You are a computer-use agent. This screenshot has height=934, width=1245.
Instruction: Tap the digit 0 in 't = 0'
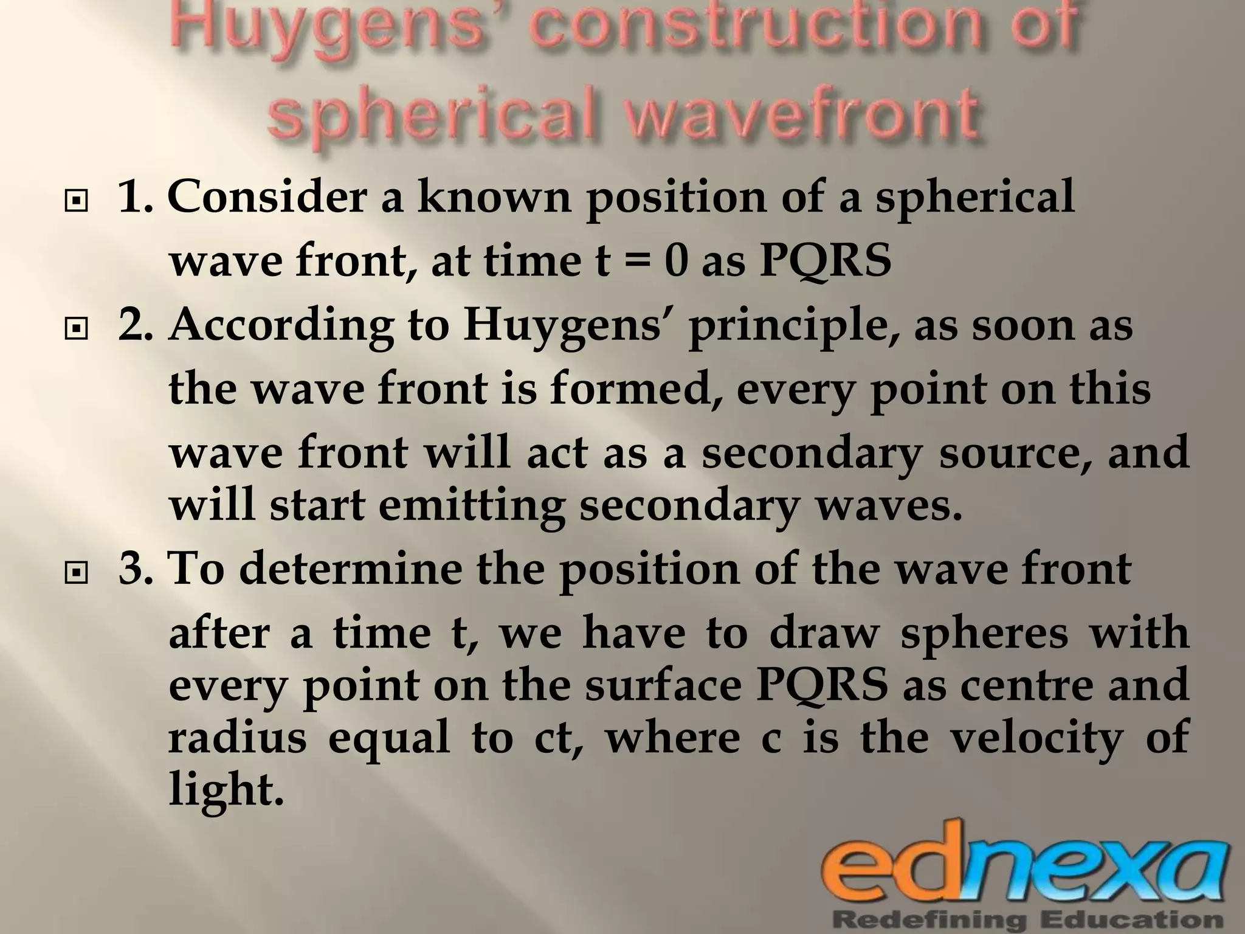(675, 261)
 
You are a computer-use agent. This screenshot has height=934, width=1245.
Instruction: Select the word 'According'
(281, 325)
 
